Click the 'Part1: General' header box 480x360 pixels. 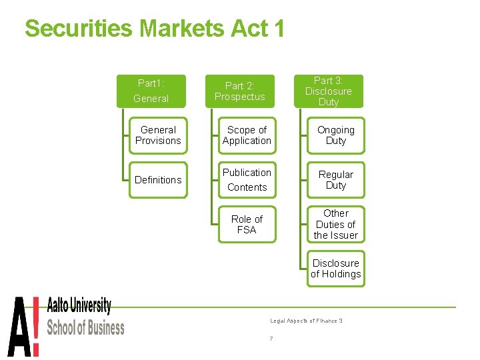point(151,91)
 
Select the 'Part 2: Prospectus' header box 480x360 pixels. point(239,91)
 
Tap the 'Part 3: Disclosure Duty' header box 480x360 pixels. point(328,91)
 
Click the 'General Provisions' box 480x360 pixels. point(158,135)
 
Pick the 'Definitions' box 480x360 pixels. point(158,180)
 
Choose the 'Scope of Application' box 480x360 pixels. point(247,135)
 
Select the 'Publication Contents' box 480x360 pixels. point(247,180)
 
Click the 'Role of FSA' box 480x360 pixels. point(247,224)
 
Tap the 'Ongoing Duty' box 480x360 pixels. point(336,135)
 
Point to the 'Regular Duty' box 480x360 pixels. point(336,180)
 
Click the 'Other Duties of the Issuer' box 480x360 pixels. point(336,224)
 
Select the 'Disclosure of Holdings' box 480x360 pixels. point(336,269)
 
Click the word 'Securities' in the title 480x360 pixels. point(79,28)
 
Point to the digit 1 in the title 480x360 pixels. point(278,28)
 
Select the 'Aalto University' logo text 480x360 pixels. point(79,307)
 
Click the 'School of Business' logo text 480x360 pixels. point(85,327)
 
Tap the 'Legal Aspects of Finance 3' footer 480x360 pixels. point(306,321)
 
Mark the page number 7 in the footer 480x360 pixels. point(271,339)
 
